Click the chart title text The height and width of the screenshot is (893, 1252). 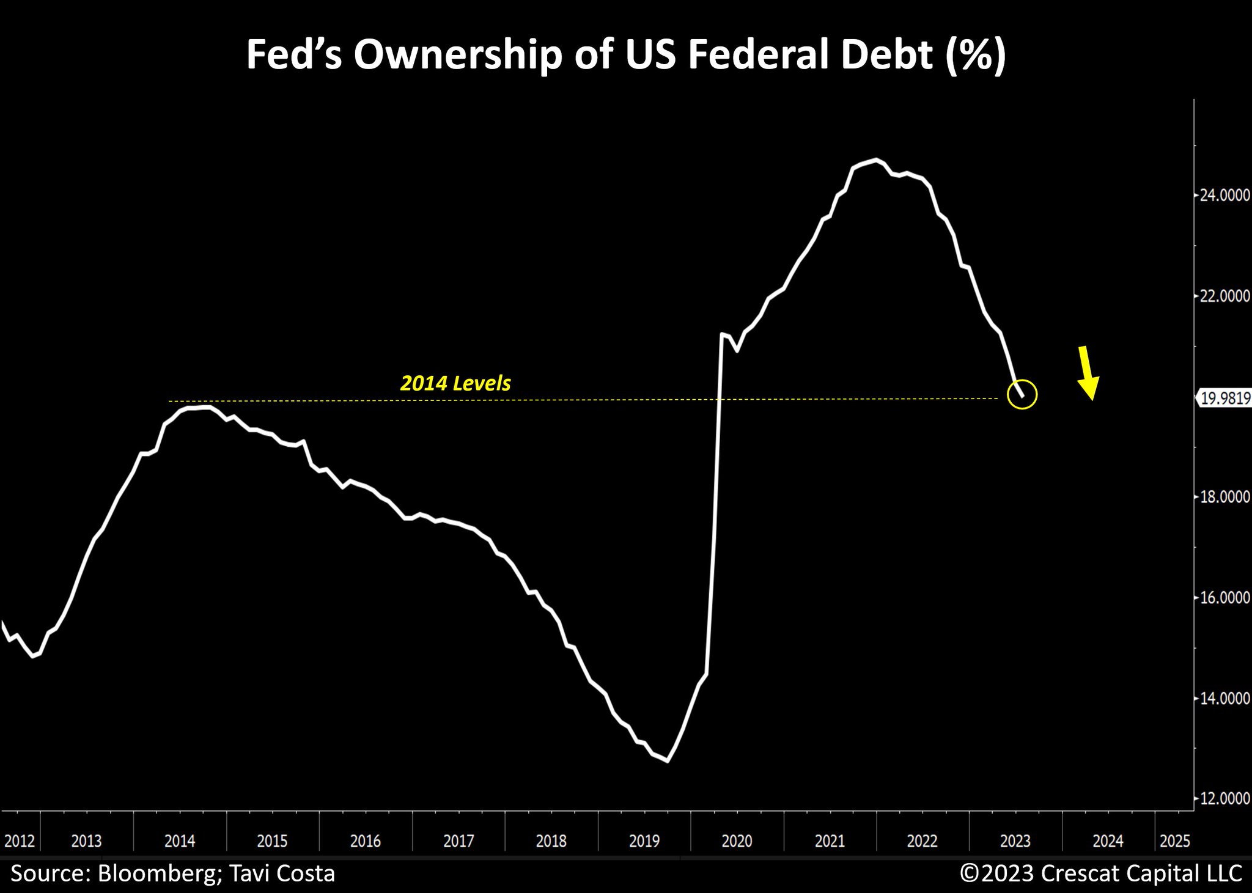[625, 55]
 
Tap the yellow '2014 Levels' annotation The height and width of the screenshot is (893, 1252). [455, 383]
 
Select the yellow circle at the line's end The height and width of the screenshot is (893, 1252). [1022, 394]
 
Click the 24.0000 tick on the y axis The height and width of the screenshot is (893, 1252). [1224, 195]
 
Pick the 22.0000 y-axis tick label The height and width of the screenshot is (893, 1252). [1224, 296]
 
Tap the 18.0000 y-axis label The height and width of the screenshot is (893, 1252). [1224, 497]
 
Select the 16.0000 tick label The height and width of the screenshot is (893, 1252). [1224, 597]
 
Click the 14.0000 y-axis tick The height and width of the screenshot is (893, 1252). [1224, 698]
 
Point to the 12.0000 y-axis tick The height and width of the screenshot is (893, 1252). [1224, 798]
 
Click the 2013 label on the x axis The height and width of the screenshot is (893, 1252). [86, 841]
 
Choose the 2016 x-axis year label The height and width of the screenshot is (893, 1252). [365, 841]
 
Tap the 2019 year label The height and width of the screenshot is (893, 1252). [644, 841]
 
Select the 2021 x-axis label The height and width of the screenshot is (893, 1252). [830, 841]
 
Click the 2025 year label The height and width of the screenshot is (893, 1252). [1174, 841]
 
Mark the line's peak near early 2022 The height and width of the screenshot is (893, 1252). [877, 160]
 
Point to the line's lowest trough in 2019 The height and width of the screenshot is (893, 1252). [667, 761]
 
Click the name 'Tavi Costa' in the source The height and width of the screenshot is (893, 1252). [282, 873]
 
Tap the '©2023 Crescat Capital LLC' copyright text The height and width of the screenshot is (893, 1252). [1100, 873]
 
